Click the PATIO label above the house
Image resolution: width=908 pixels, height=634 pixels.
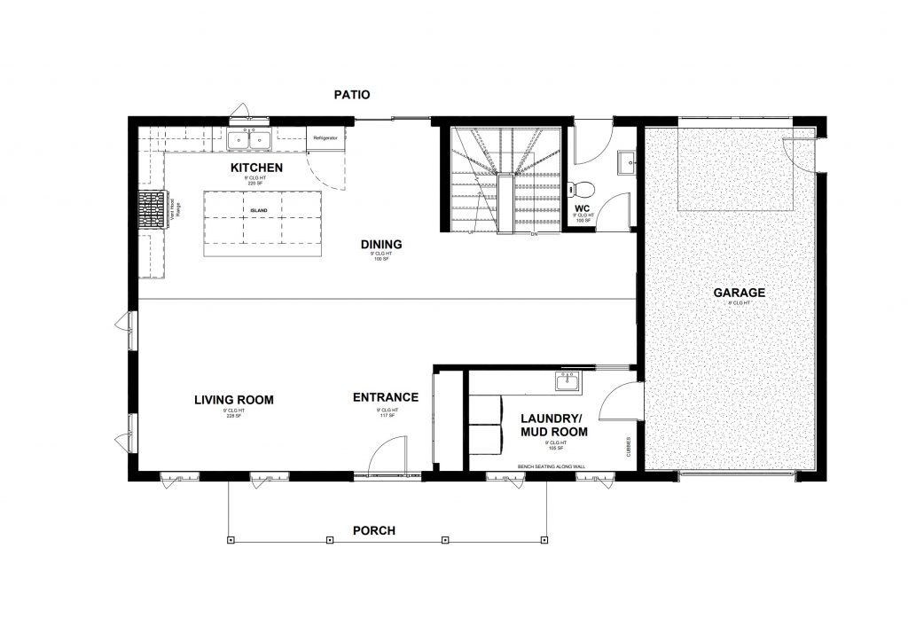351,94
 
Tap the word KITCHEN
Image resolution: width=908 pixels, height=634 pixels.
256,168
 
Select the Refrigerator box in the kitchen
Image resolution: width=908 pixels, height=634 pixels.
325,139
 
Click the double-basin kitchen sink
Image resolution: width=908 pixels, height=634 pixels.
248,139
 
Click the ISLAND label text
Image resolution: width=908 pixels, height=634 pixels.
257,210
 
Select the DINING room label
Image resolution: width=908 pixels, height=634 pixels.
381,245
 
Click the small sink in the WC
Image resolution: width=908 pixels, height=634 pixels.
625,160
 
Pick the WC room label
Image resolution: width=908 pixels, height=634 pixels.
583,209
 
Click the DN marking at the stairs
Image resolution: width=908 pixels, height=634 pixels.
534,235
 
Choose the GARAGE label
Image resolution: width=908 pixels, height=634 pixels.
738,293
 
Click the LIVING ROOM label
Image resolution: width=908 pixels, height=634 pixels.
234,400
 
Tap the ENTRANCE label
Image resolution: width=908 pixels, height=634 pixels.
386,397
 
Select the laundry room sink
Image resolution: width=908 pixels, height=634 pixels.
567,382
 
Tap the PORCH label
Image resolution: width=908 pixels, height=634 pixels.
373,531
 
